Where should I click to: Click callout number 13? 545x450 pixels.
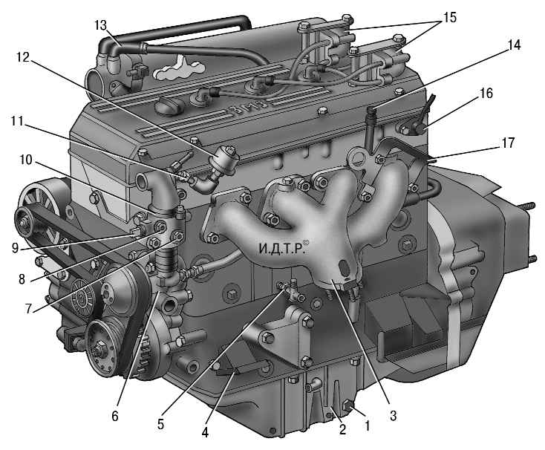pyautogui.click(x=100, y=25)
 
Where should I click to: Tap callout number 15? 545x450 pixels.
pyautogui.click(x=449, y=17)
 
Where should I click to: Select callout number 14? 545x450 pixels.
pyautogui.click(x=514, y=45)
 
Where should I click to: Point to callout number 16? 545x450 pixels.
pyautogui.click(x=486, y=93)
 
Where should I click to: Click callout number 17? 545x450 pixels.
pyautogui.click(x=508, y=143)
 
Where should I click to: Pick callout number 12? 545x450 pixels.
pyautogui.click(x=23, y=57)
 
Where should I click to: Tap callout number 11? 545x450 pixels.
pyautogui.click(x=17, y=121)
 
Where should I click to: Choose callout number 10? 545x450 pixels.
pyautogui.click(x=26, y=160)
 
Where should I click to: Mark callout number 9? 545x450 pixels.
pyautogui.click(x=15, y=248)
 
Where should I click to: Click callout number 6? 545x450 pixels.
pyautogui.click(x=115, y=416)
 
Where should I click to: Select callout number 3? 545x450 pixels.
pyautogui.click(x=393, y=415)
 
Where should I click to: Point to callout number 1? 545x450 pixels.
pyautogui.click(x=367, y=425)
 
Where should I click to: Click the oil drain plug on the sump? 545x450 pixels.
pyautogui.click(x=348, y=405)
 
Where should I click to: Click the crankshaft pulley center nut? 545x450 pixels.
pyautogui.click(x=100, y=346)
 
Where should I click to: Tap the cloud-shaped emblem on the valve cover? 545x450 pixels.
pyautogui.click(x=179, y=68)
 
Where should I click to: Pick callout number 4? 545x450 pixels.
pyautogui.click(x=205, y=432)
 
